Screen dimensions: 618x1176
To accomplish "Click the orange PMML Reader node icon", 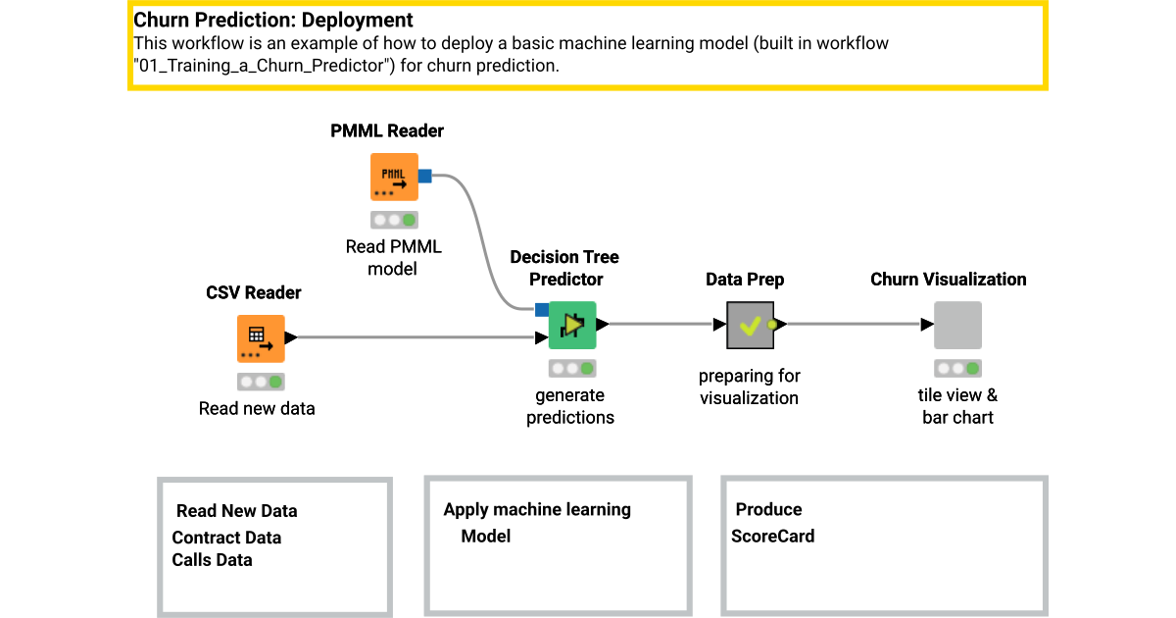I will [x=394, y=178].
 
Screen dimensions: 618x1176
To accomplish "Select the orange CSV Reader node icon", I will [x=261, y=339].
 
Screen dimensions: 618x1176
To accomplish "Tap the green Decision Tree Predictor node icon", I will [x=572, y=325].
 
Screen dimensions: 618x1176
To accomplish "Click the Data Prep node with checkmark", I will [x=750, y=325].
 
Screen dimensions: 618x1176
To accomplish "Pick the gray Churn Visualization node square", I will [x=957, y=325].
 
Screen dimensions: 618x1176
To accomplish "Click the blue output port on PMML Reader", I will [x=425, y=177].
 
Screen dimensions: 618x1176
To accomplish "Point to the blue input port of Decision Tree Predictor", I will [x=541, y=310].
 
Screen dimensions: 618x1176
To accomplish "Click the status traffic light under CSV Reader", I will [x=261, y=382].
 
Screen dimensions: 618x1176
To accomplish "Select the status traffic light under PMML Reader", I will [x=394, y=220].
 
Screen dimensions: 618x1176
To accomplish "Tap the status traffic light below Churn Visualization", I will [x=957, y=369].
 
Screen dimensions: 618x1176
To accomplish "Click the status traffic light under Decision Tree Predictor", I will [x=572, y=369].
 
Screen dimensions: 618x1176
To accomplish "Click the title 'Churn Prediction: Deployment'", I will [x=273, y=20].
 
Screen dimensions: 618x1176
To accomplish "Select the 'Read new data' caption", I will [x=257, y=408].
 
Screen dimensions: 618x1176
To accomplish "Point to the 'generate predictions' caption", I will [x=570, y=406].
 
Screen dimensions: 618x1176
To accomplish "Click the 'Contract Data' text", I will [x=226, y=538].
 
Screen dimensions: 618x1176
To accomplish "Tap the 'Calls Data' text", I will [x=212, y=560].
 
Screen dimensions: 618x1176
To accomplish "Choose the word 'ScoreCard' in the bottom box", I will [x=772, y=536].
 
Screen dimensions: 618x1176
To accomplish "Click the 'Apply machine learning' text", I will [x=537, y=509].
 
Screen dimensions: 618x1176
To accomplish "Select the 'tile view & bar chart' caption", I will [x=958, y=406].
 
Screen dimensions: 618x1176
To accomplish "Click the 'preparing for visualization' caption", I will [x=749, y=386].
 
